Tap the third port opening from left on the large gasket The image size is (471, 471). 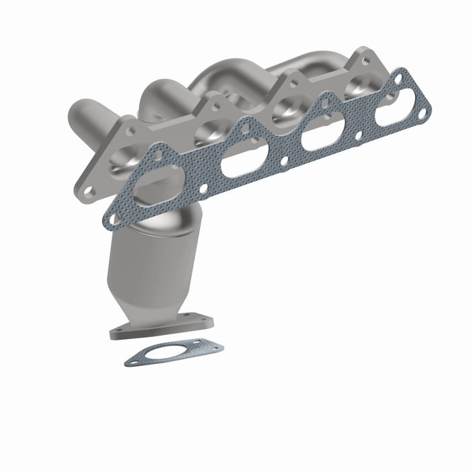[318, 138]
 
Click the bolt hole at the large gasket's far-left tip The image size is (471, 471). [111, 217]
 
